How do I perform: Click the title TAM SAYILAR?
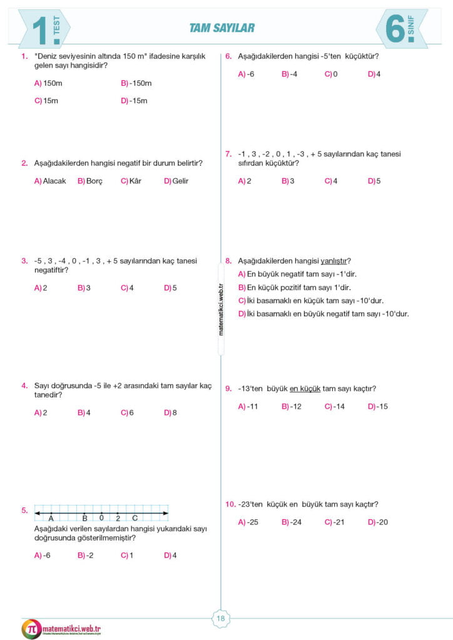point(222,27)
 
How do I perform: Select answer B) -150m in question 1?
point(136,83)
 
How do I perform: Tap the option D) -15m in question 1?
point(134,101)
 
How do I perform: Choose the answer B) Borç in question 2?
point(90,181)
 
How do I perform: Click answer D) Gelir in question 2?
point(176,181)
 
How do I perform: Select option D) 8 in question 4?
point(170,412)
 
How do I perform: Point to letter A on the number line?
point(50,518)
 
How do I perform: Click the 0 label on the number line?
point(101,518)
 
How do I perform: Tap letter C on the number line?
point(135,518)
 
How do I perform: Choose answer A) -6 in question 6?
point(246,74)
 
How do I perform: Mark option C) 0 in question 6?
point(331,74)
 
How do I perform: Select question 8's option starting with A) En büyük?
point(297,274)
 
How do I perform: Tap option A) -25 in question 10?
point(248,522)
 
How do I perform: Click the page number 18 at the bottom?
point(220,619)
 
